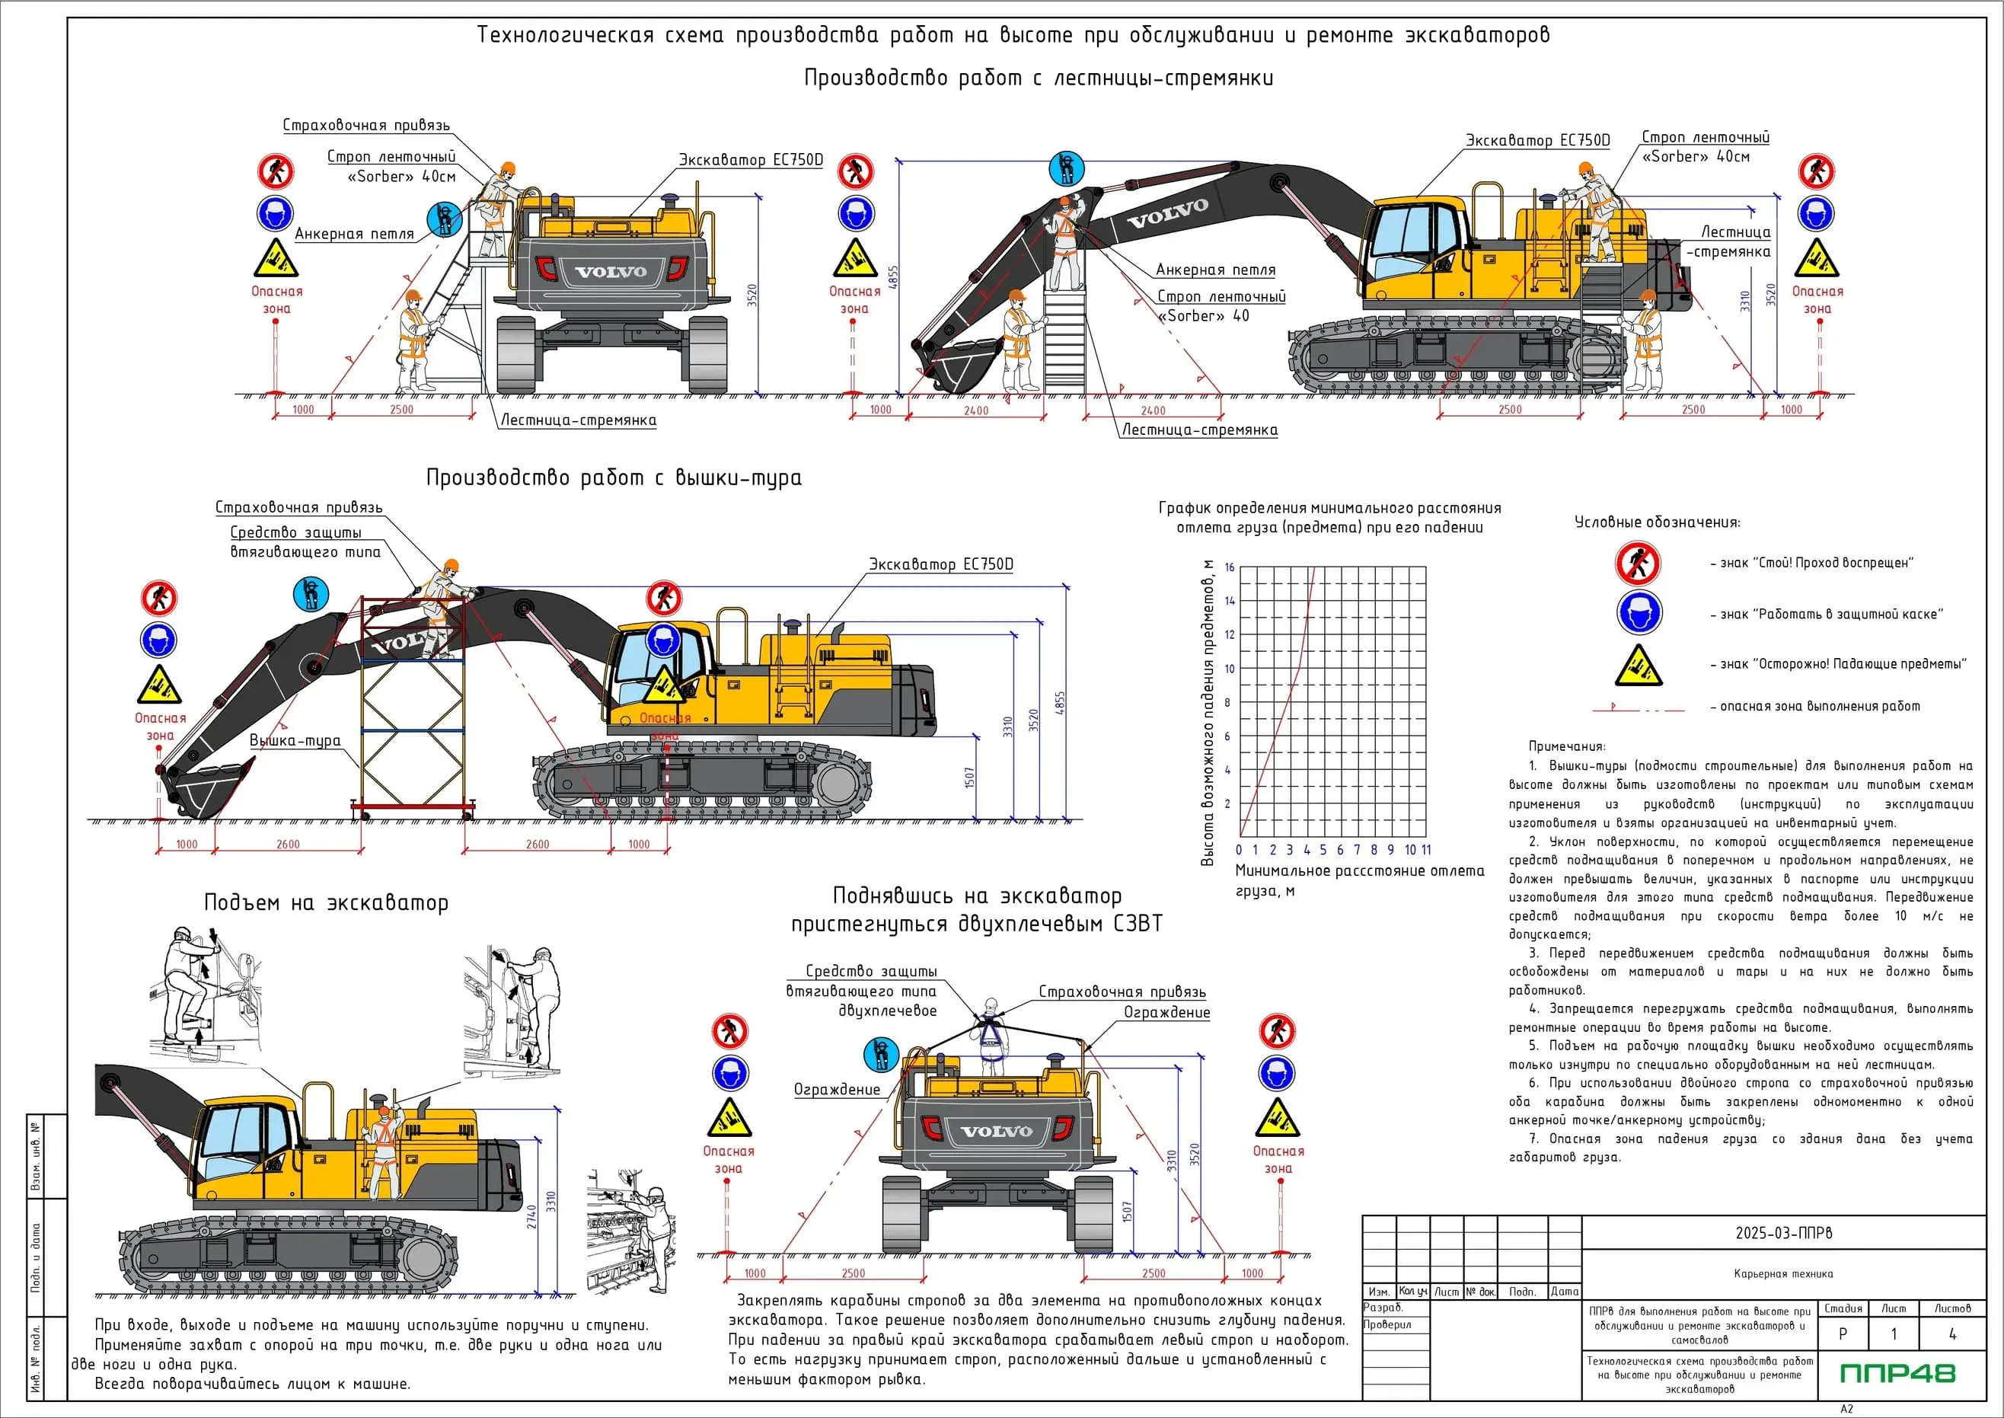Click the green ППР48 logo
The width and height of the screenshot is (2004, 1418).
tap(1897, 1374)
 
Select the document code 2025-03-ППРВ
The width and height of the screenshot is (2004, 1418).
tap(1783, 1233)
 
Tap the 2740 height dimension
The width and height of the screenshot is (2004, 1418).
tap(531, 1217)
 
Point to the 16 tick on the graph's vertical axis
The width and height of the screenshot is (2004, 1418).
tap(1229, 567)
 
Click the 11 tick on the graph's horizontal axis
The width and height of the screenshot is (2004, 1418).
tap(1426, 850)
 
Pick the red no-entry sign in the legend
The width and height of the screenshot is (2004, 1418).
tap(1638, 564)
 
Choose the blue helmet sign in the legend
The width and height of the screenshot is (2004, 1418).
tap(1639, 613)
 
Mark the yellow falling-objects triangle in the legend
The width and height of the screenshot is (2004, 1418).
tap(1639, 666)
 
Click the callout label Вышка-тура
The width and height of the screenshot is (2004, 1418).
tap(295, 740)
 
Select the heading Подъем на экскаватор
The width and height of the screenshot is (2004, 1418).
tap(326, 903)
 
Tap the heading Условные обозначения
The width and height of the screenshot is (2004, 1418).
tap(1657, 522)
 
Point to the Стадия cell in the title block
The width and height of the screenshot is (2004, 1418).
tap(1843, 1308)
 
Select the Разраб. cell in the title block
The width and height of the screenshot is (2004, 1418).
tap(1383, 1307)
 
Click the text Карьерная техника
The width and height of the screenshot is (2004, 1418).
tap(1783, 1274)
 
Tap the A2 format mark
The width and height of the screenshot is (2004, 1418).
tap(1846, 1408)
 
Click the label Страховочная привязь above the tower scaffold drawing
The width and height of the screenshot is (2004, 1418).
tap(298, 507)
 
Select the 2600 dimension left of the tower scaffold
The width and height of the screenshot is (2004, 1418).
tap(287, 845)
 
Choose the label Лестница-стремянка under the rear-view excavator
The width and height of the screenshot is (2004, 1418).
tap(578, 420)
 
